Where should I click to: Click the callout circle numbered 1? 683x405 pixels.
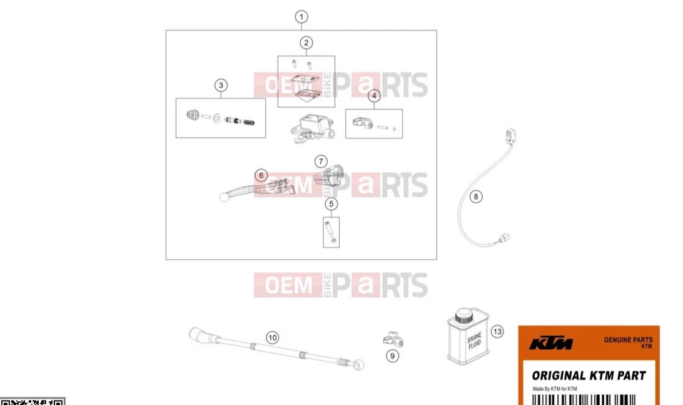click(x=301, y=17)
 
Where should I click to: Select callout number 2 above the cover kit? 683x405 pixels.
click(x=306, y=43)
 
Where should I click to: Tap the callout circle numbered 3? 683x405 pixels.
click(x=220, y=85)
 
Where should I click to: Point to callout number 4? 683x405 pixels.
click(x=373, y=96)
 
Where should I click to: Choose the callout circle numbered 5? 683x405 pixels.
click(x=331, y=203)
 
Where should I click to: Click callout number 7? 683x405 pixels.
click(x=320, y=161)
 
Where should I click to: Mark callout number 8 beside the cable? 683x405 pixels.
click(x=476, y=197)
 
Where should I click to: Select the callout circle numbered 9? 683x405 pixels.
click(x=392, y=356)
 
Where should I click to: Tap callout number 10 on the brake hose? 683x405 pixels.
click(x=272, y=337)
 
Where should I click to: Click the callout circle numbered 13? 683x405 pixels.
click(x=497, y=331)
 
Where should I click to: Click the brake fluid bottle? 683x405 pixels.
click(x=468, y=338)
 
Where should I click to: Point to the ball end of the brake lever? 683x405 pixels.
click(x=223, y=198)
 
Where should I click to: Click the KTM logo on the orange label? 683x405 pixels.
click(x=550, y=344)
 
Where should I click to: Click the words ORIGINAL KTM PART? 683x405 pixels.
click(x=589, y=376)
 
